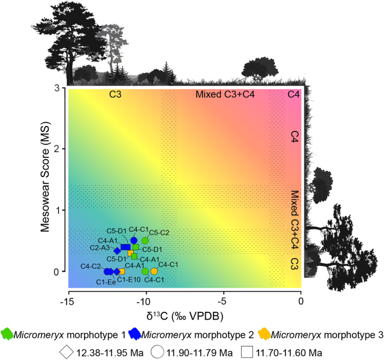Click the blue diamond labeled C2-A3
click(x=117, y=251)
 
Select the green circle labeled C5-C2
click(x=145, y=241)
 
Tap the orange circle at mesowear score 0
click(x=154, y=272)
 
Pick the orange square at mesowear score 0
click(x=122, y=272)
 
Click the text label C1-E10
click(x=128, y=279)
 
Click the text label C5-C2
click(x=159, y=232)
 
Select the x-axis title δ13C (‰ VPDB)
click(x=185, y=316)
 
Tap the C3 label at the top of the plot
click(x=115, y=95)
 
